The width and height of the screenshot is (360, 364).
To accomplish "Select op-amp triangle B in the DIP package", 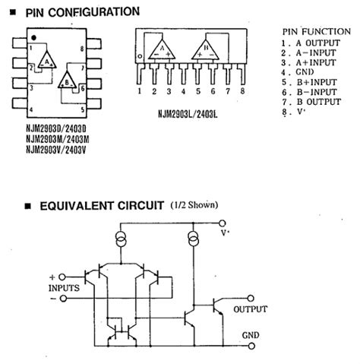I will (68, 79).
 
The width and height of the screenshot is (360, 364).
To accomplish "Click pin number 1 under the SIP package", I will (141, 91).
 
